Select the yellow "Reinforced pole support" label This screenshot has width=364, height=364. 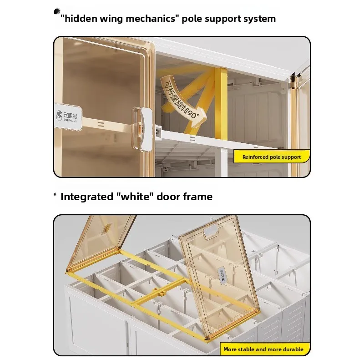[271, 157]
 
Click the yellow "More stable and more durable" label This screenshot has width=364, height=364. [263, 349]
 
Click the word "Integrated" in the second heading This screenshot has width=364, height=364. [86, 197]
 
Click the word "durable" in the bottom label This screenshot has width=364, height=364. [292, 349]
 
